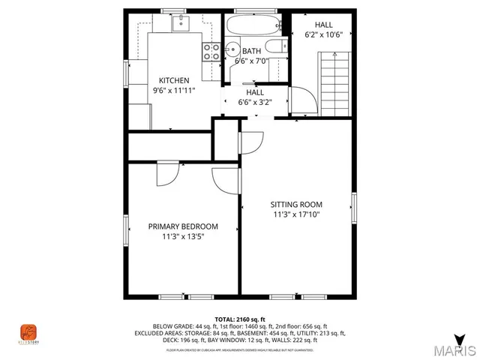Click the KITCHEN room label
pyautogui.click(x=173, y=80)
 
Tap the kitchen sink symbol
pyautogui.click(x=181, y=23)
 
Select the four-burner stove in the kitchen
pyautogui.click(x=211, y=51)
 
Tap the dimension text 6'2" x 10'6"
pyautogui.click(x=323, y=34)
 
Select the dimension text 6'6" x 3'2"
pyautogui.click(x=254, y=102)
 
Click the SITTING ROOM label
pyautogui.click(x=296, y=204)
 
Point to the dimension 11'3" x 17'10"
pyautogui.click(x=296, y=214)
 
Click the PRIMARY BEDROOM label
pyautogui.click(x=183, y=226)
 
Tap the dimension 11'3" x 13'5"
pyautogui.click(x=183, y=236)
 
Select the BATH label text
pyautogui.click(x=251, y=51)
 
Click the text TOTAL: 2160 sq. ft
pyautogui.click(x=239, y=319)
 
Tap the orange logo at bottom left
pyautogui.click(x=28, y=331)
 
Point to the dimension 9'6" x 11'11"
pyautogui.click(x=173, y=90)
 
